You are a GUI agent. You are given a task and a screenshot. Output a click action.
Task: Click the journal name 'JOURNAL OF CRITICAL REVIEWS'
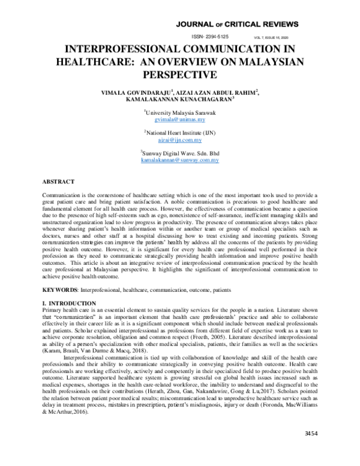(x=236, y=24)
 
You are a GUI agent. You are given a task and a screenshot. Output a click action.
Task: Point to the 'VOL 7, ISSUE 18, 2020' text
(x=280, y=37)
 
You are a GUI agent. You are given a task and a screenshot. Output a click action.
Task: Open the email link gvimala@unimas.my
(x=179, y=120)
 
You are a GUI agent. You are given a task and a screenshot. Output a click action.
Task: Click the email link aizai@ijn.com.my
(x=179, y=141)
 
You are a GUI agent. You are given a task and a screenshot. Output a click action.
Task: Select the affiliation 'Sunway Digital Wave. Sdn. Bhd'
(x=180, y=154)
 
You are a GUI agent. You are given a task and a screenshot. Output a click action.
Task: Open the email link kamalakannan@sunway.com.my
(x=179, y=161)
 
